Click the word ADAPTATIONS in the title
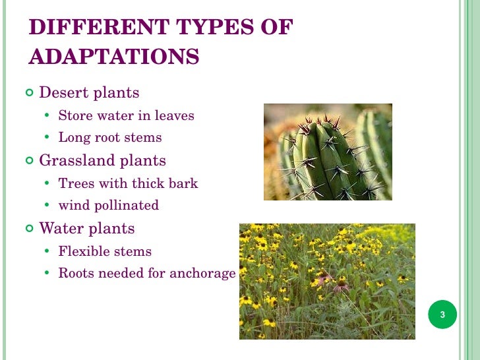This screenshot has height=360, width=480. click(x=113, y=57)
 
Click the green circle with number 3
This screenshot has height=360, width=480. click(x=442, y=315)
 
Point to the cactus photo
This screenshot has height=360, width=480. click(x=328, y=152)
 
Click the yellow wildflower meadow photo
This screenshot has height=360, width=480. click(x=327, y=281)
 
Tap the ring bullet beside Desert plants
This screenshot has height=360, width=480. click(x=30, y=93)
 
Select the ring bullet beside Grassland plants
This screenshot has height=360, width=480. click(x=30, y=161)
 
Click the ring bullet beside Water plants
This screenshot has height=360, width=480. click(x=30, y=229)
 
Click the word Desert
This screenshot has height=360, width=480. click(x=63, y=92)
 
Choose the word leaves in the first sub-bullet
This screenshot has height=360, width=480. click(x=174, y=116)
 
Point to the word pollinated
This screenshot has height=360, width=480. click(x=127, y=206)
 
